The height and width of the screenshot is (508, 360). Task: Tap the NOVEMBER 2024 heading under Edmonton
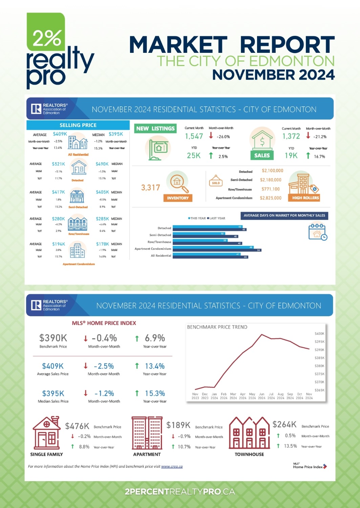pyautogui.click(x=273, y=75)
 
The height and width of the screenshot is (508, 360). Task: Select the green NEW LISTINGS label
pyautogui.click(x=155, y=129)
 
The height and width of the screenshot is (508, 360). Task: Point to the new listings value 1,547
pyautogui.click(x=194, y=136)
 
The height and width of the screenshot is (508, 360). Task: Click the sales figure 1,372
pyautogui.click(x=291, y=136)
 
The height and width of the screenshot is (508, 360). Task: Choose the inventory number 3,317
pyautogui.click(x=150, y=188)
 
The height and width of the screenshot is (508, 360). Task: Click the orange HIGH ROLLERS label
pyautogui.click(x=305, y=198)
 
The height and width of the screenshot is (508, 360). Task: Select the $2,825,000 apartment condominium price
pyautogui.click(x=271, y=198)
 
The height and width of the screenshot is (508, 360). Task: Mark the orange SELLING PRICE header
pyautogui.click(x=78, y=125)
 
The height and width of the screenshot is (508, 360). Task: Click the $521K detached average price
pyautogui.click(x=58, y=164)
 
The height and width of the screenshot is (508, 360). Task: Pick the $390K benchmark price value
pyautogui.click(x=53, y=338)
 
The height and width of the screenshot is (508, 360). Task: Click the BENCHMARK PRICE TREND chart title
pyautogui.click(x=217, y=327)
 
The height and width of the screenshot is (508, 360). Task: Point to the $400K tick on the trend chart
pyautogui.click(x=319, y=334)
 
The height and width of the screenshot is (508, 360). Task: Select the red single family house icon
pyautogui.click(x=46, y=433)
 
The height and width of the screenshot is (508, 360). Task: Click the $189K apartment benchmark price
pyautogui.click(x=178, y=425)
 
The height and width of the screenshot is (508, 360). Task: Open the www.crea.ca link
pyautogui.click(x=172, y=467)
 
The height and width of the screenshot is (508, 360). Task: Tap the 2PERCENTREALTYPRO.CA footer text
pyautogui.click(x=180, y=492)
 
